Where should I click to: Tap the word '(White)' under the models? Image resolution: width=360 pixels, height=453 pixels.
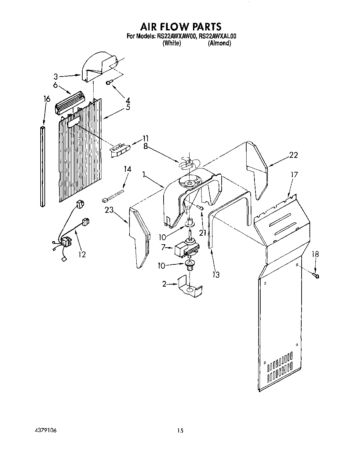click(x=171, y=43)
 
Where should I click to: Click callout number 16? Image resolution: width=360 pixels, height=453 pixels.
click(x=47, y=99)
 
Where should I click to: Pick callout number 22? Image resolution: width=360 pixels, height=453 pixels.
click(x=293, y=155)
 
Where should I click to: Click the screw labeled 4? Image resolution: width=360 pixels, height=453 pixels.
click(x=109, y=82)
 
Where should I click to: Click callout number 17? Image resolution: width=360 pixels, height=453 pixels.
click(x=294, y=175)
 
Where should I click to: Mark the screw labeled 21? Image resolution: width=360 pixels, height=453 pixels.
click(x=202, y=208)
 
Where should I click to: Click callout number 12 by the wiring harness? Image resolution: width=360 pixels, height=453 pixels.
click(x=82, y=254)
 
